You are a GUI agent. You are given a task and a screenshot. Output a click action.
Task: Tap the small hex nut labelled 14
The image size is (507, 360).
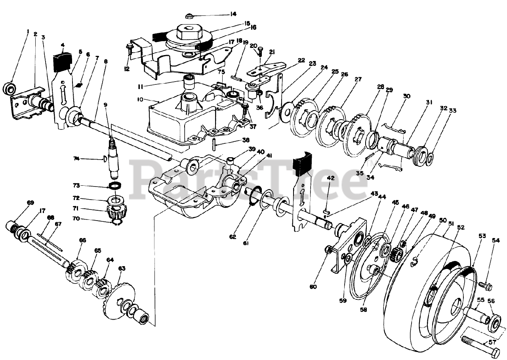189,16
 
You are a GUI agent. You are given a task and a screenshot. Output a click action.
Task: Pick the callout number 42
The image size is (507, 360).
330,178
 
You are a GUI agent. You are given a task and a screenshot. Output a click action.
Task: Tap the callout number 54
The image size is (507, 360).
496,240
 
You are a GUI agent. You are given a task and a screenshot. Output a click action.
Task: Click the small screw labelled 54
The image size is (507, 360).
484,284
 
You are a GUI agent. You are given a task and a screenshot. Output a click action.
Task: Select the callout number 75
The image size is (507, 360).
221,72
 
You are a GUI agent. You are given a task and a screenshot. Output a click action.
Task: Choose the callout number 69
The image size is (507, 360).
30,203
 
